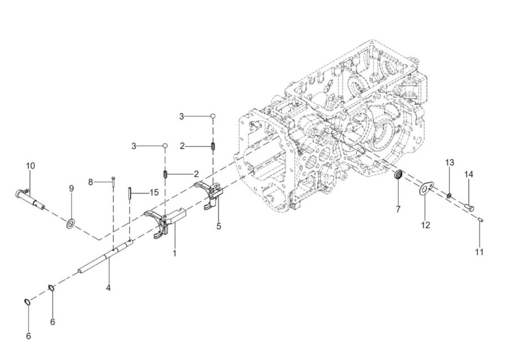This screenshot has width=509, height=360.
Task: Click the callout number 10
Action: [x=30, y=166]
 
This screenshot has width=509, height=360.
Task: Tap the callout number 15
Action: [x=154, y=192]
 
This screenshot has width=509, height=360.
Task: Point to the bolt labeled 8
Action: [x=113, y=182]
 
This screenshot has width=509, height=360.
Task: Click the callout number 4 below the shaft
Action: [x=109, y=288]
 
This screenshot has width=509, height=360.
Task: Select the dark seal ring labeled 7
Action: [x=398, y=175]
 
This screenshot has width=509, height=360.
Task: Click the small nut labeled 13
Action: [x=449, y=196]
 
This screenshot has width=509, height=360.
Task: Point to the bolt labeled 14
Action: [x=469, y=207]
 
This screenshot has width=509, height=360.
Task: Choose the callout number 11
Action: [x=480, y=252]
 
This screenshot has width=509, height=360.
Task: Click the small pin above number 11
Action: [x=481, y=220]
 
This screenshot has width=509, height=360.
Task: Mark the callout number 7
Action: [x=398, y=209]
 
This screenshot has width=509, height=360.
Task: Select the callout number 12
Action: [x=425, y=225]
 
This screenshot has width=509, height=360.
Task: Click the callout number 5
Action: [x=218, y=226]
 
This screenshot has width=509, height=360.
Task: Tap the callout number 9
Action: [x=71, y=188]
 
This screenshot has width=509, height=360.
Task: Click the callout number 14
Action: [x=468, y=174]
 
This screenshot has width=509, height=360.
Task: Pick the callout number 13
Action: [x=450, y=162]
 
